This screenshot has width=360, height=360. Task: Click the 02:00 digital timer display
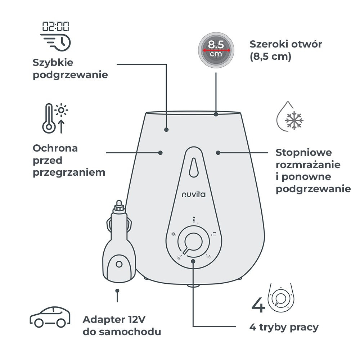[x=55, y=26]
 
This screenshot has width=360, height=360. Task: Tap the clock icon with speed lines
[x=56, y=43]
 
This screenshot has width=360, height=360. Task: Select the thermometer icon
[x=49, y=118]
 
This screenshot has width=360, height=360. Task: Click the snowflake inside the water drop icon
[x=294, y=120]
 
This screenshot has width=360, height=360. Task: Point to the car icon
[x=50, y=316]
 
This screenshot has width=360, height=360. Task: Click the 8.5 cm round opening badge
[x=216, y=50]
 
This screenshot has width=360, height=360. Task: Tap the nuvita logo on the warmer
[x=194, y=194]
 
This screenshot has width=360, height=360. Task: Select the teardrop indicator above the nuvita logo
[x=194, y=167]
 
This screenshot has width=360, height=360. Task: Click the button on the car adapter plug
[x=119, y=264]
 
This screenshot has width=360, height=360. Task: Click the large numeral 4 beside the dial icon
[x=258, y=305]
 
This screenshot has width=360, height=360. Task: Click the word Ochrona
[x=55, y=148]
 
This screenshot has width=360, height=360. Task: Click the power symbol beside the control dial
[x=179, y=258]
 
